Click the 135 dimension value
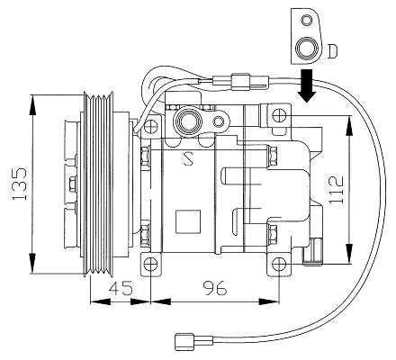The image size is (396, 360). (20, 184)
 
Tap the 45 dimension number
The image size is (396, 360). (121, 288)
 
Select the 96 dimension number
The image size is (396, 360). (215, 288)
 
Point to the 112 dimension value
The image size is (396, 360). (336, 191)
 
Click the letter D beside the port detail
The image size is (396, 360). (332, 51)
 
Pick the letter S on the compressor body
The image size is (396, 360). (188, 158)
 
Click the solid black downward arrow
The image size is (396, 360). (306, 85)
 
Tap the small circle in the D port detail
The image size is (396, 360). (306, 21)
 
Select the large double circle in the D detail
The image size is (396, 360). (307, 49)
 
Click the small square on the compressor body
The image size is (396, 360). (188, 221)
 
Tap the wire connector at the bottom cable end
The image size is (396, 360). (193, 341)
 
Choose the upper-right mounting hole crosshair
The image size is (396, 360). (279, 115)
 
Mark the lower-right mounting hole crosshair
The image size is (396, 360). (279, 264)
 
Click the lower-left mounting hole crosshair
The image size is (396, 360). (150, 264)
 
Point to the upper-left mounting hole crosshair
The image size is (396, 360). (151, 126)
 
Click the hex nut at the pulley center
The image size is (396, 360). (73, 184)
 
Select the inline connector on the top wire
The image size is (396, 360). (240, 81)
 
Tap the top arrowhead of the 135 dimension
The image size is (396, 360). (32, 104)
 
